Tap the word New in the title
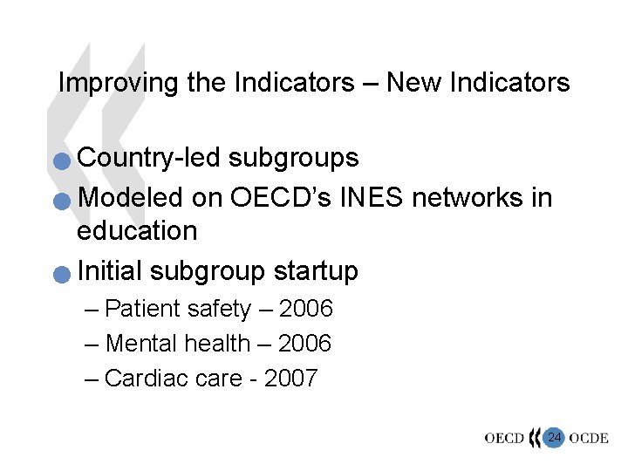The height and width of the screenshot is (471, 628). [x=409, y=83]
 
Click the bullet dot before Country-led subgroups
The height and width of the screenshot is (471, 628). [x=60, y=161]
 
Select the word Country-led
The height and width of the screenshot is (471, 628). [x=148, y=158]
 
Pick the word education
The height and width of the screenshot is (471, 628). [x=137, y=231]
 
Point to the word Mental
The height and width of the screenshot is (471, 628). [x=141, y=345]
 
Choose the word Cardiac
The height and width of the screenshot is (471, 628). [x=146, y=379]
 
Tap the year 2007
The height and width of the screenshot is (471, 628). [x=290, y=379]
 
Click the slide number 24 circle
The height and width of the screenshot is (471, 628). [x=553, y=437]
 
